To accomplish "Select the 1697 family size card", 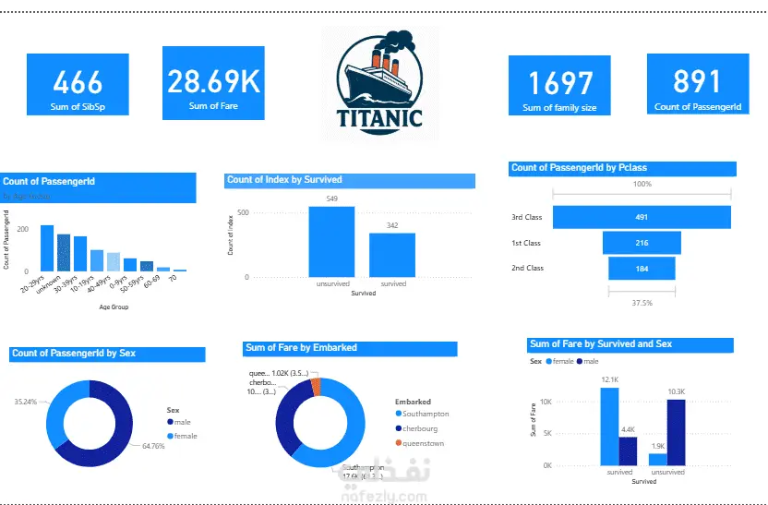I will (x=559, y=86).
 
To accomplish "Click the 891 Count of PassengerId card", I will (x=698, y=85).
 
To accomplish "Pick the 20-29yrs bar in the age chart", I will (x=47, y=247).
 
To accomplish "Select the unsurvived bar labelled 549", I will (x=331, y=241).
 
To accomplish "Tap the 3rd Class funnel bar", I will (x=642, y=218).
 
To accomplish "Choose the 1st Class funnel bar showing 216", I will (x=642, y=243).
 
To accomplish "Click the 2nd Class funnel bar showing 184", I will (x=642, y=268).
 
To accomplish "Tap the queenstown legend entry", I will (x=423, y=443).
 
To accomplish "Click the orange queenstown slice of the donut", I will (x=316, y=385).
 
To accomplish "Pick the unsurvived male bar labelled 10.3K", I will (x=676, y=432).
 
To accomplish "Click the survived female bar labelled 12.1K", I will (x=609, y=426).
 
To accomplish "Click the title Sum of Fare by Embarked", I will (x=301, y=348).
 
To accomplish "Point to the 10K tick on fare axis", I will (x=546, y=402).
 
